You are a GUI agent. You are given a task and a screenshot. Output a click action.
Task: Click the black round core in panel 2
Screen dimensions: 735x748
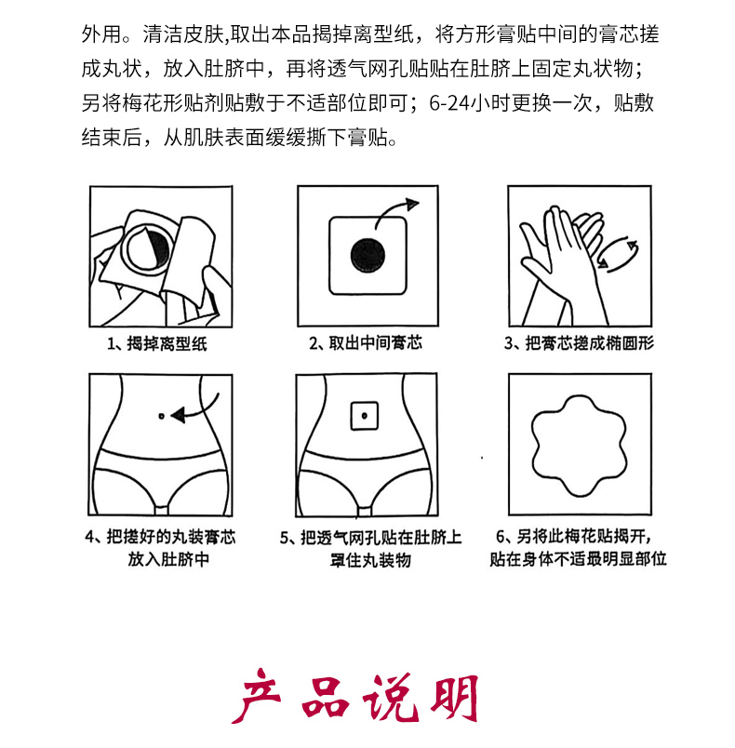[x=367, y=256]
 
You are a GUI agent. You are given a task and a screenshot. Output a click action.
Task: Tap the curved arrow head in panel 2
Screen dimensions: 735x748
[x=411, y=204]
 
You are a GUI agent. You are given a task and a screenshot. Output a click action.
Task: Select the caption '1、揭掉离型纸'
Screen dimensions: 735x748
[x=157, y=343]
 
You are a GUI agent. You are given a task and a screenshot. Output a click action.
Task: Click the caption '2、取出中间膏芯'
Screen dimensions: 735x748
[x=366, y=343]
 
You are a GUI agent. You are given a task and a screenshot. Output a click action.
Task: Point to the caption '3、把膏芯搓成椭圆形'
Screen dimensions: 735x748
[x=579, y=343]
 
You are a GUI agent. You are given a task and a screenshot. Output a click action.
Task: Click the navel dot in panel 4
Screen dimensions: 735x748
[x=161, y=416]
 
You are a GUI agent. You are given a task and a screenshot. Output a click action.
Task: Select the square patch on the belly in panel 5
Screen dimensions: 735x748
[x=365, y=416]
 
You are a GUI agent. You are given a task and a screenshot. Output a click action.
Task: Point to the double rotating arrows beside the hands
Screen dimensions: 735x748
[x=618, y=254]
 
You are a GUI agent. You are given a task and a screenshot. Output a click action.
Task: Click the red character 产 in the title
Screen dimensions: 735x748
[x=257, y=696]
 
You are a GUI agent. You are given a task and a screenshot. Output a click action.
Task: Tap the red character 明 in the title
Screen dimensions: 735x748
[x=455, y=698]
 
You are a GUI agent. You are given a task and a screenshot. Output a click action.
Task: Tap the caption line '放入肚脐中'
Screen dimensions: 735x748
[x=168, y=559]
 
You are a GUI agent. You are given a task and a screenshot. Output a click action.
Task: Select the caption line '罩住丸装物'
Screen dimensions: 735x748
[x=370, y=560]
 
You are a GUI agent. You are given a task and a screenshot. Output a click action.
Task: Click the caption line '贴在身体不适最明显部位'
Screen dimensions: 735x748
[x=578, y=559]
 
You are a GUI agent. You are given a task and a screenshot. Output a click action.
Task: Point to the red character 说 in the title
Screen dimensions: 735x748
[x=390, y=698]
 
